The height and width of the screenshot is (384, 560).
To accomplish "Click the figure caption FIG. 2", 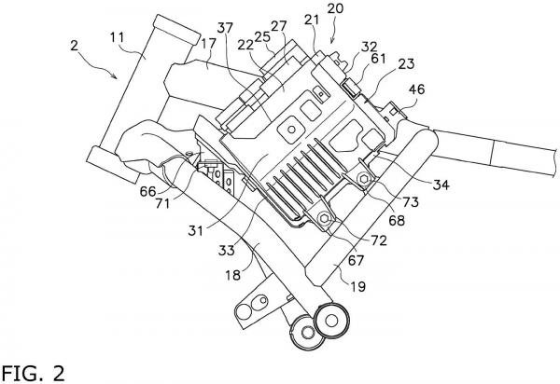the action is (34, 373).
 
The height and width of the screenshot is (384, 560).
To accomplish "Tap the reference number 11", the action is (118, 37).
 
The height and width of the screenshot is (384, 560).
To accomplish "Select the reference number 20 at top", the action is (335, 8).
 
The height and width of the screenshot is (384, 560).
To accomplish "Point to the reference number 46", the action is (416, 89).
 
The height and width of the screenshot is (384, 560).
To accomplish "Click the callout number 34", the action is (441, 185).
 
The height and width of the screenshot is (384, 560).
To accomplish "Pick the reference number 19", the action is (358, 286).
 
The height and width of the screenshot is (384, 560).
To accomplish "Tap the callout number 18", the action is (232, 275).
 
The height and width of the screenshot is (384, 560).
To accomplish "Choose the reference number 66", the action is (147, 191).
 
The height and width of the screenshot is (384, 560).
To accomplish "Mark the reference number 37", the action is (225, 28).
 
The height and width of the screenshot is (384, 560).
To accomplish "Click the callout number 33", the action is (227, 251).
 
